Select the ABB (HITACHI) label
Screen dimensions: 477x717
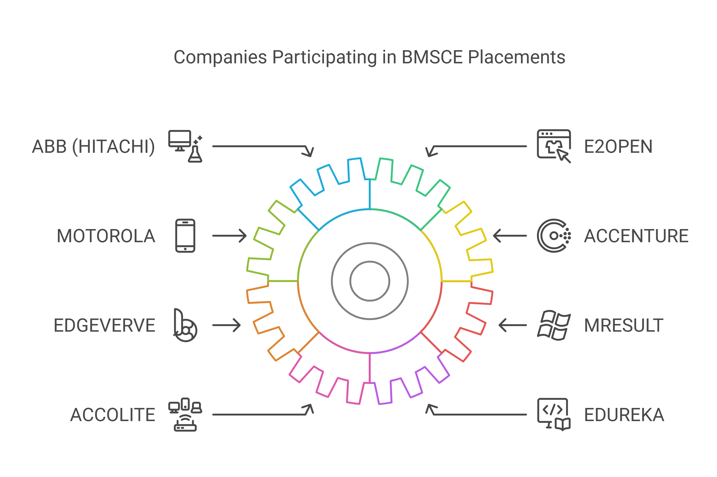pos(93,147)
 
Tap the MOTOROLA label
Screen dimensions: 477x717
pos(106,236)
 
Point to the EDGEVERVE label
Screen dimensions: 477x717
pos(104,325)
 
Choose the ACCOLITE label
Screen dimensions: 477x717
pos(112,415)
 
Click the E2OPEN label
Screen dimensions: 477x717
pos(618,147)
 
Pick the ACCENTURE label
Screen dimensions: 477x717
pos(636,236)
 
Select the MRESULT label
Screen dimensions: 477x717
pos(623,325)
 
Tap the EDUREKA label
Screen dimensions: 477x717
pos(624,415)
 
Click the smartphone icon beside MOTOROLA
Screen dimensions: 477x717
pos(185,236)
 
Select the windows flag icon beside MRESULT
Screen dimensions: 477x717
pos(553,325)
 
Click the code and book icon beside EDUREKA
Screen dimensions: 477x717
pos(553,414)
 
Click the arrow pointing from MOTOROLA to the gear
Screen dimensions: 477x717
pos(229,236)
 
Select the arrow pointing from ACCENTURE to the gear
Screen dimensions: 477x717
pos(510,236)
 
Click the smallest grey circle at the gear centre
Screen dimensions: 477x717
pos(370,281)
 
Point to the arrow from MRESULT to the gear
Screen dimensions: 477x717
pos(513,325)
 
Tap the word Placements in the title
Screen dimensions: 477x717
pos(516,57)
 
